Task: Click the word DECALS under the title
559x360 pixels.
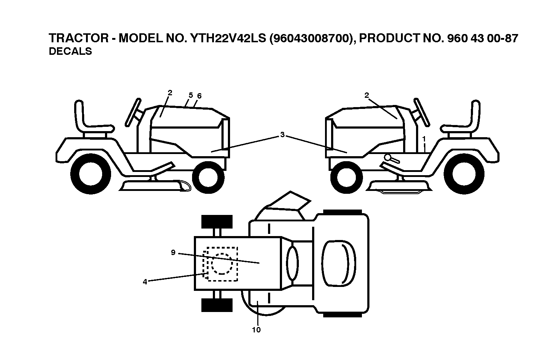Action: click(70, 51)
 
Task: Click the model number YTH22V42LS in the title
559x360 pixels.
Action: click(228, 38)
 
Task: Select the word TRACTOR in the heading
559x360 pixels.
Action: click(79, 38)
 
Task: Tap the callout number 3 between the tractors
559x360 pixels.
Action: click(282, 135)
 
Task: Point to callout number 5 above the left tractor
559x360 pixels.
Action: click(191, 95)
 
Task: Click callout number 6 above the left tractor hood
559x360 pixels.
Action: click(199, 96)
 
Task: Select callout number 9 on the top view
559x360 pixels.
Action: click(173, 253)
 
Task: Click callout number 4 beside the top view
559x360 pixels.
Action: click(145, 282)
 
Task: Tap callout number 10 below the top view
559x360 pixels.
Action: click(256, 330)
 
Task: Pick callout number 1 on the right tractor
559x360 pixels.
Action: click(424, 139)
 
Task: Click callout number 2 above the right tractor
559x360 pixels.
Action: click(366, 95)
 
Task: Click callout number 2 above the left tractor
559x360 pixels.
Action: click(170, 93)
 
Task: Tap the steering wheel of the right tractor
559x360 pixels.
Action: click(421, 112)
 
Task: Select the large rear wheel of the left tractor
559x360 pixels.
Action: click(91, 174)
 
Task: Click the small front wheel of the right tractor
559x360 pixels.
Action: click(347, 177)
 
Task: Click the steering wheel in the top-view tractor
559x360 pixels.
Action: click(292, 263)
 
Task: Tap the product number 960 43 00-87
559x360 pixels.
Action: click(483, 38)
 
